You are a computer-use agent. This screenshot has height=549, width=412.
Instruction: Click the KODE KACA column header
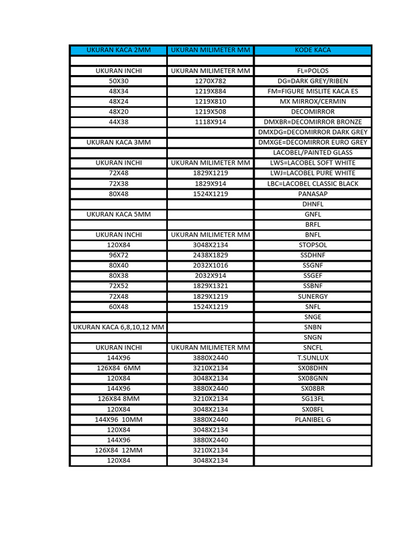313,50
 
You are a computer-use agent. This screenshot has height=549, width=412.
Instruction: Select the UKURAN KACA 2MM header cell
119,50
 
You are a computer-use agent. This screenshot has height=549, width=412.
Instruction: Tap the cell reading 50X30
119,81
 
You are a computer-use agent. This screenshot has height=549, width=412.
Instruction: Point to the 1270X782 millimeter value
210,81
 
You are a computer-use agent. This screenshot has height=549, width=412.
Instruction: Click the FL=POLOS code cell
313,71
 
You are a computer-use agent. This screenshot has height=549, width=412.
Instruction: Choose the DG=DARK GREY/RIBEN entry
313,81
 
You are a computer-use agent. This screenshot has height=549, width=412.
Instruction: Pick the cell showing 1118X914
210,122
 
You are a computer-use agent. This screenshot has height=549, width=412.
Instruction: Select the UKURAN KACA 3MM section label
119,142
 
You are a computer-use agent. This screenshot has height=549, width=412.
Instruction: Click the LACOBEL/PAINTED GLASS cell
313,152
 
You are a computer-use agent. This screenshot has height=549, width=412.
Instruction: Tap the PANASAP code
313,194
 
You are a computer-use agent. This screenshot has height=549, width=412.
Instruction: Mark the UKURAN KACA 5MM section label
119,214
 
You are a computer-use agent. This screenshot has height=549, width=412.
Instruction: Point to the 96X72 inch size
119,255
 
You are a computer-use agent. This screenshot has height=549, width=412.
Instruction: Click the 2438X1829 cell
210,255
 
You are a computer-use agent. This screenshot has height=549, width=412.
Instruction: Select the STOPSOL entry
313,245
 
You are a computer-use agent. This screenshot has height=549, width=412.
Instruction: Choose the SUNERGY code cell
313,296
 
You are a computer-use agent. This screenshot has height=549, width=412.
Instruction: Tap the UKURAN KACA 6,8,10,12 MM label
119,327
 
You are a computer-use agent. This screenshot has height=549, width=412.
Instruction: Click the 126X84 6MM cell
119,368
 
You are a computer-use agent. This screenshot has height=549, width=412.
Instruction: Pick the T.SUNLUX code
313,358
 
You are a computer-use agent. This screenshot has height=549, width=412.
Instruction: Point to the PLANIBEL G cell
313,419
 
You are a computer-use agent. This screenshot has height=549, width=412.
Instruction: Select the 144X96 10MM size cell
119,419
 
